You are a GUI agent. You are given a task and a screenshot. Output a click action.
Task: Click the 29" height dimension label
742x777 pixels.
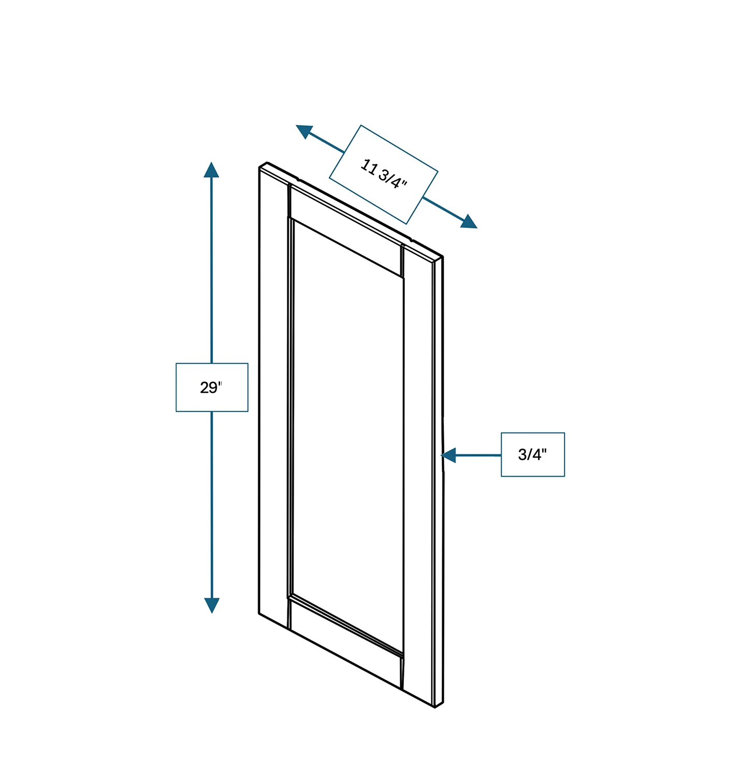coord(212,387)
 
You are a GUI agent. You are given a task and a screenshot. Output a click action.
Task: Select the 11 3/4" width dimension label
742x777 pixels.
coord(384,174)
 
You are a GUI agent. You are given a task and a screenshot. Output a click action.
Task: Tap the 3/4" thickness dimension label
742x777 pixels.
coord(532,454)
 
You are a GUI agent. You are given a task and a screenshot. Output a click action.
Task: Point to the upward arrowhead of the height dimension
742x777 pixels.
coord(211,170)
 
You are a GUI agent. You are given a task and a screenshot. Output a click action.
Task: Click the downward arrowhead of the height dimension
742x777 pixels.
coord(212,605)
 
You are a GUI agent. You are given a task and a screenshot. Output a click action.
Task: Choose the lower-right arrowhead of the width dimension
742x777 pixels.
coord(469,222)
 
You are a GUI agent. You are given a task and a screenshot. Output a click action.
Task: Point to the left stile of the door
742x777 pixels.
coord(273,394)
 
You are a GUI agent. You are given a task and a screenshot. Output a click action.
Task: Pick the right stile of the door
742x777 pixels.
coord(418,466)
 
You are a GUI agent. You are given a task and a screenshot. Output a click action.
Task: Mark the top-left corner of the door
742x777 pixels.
coord(260,167)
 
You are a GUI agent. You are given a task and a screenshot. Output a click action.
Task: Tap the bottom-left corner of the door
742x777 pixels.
coord(259,614)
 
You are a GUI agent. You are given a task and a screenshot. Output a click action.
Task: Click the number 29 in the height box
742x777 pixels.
coord(209,387)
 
